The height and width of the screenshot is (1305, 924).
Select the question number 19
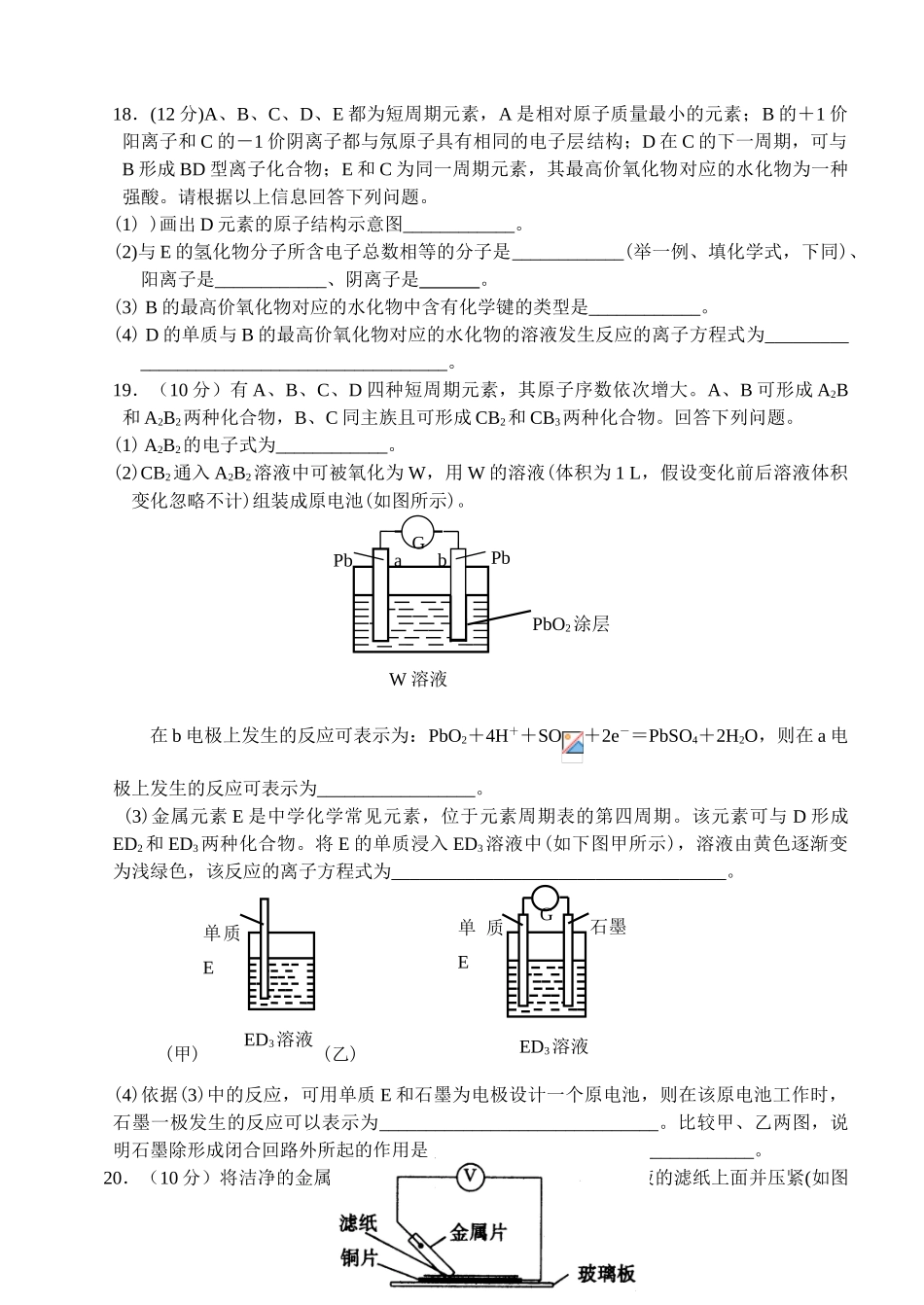click(124, 390)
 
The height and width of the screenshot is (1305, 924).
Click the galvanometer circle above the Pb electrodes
click(418, 539)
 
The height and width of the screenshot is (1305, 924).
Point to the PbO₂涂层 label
click(570, 624)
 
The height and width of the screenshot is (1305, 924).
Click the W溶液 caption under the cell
click(418, 679)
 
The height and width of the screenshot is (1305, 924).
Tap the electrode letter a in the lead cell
click(398, 560)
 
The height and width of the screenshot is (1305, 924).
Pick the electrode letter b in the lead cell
click(442, 560)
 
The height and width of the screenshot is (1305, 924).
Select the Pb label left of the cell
click(342, 560)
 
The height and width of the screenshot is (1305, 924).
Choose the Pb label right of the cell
click(500, 557)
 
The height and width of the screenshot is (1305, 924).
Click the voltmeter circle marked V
click(470, 1177)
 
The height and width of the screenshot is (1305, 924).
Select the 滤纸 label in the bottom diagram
click(358, 1223)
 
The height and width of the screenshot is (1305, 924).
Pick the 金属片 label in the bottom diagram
click(478, 1232)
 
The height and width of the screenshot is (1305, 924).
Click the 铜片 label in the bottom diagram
click(358, 1257)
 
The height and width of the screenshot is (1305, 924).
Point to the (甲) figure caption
click(183, 1052)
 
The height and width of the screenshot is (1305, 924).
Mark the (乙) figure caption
click(339, 1053)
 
